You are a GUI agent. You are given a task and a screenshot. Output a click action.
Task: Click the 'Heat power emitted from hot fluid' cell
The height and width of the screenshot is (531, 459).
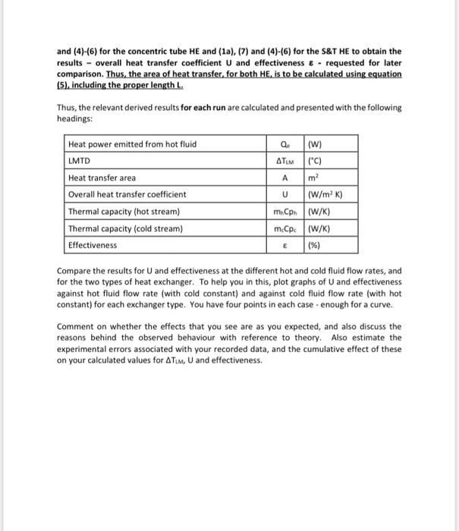coord(132,144)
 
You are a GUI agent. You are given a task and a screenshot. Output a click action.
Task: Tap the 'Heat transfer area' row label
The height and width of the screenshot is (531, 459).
coord(102,178)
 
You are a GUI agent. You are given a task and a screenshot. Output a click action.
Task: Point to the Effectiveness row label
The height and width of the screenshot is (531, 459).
coord(93,245)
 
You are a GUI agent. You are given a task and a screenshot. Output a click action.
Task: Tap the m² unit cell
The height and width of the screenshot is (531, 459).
coord(314,178)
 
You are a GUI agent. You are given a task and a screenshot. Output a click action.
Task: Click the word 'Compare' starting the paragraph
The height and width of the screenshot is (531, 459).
coord(74,270)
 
